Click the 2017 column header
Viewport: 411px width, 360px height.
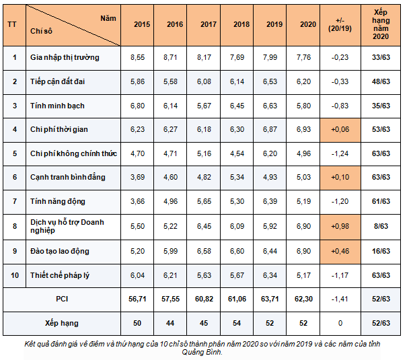click(x=209, y=24)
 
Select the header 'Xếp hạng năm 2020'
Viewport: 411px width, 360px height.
click(x=381, y=24)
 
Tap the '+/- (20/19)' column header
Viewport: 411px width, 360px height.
click(x=340, y=24)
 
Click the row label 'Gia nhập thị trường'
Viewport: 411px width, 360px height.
click(x=65, y=57)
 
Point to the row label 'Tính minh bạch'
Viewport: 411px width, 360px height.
click(x=57, y=106)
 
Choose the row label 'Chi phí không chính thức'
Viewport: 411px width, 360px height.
click(x=73, y=153)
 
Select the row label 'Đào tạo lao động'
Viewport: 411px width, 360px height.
click(x=60, y=251)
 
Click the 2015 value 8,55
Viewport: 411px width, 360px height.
click(x=138, y=57)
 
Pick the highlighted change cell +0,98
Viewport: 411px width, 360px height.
click(x=340, y=226)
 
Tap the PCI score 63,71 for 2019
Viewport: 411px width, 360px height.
click(x=270, y=299)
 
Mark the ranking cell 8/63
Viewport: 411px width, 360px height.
click(x=381, y=226)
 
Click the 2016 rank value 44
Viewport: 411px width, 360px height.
click(x=170, y=323)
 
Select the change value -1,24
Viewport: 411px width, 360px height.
click(x=340, y=153)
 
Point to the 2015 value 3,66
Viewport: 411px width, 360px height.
click(x=138, y=201)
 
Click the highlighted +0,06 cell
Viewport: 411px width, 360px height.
click(x=340, y=130)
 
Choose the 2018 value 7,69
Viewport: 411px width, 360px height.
click(x=237, y=57)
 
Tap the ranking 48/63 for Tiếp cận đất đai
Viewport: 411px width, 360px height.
click(x=381, y=81)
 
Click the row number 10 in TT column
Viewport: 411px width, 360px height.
click(x=15, y=275)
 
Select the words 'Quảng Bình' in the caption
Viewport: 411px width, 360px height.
click(x=202, y=352)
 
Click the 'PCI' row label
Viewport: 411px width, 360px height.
click(x=62, y=299)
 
